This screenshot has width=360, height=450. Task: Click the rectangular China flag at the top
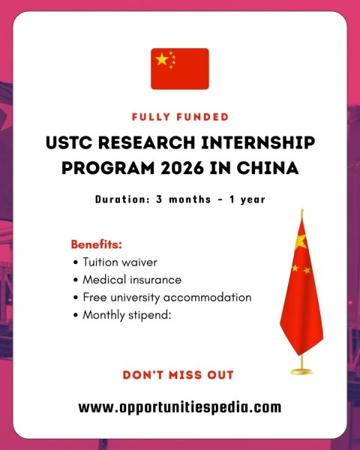(180, 69)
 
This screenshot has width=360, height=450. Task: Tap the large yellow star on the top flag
(161, 60)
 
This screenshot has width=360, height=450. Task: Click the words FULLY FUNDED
(180, 117)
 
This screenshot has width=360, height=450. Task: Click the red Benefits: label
(96, 245)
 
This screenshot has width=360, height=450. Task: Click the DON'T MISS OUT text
(178, 374)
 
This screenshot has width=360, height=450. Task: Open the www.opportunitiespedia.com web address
(180, 407)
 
